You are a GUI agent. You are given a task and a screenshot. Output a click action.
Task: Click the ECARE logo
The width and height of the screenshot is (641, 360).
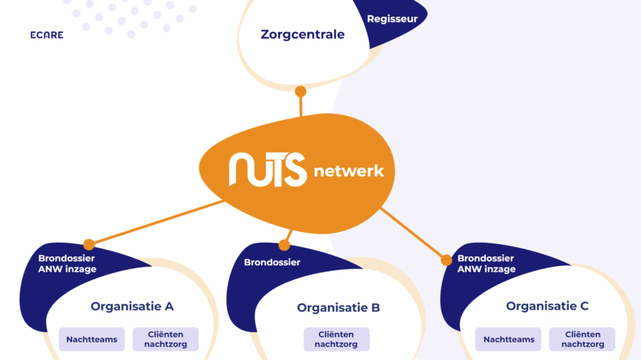tap(47, 35)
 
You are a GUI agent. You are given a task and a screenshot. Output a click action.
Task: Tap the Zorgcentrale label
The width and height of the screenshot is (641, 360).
tap(302, 34)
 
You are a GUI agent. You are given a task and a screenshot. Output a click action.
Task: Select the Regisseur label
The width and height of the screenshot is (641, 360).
tap(392, 19)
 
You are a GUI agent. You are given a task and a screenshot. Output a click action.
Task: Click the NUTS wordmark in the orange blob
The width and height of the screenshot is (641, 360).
tap(267, 170)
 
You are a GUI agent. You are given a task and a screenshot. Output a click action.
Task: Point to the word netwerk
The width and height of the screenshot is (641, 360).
tap(348, 172)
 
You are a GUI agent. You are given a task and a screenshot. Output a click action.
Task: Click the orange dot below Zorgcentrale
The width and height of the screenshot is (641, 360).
tap(300, 92)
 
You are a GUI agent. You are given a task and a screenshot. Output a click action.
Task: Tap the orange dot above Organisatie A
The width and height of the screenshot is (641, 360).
tap(89, 245)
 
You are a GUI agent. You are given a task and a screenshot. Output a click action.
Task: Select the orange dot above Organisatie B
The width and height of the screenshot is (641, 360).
tap(284, 246)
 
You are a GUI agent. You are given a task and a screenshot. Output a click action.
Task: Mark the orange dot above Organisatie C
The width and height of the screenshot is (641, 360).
tap(447, 259)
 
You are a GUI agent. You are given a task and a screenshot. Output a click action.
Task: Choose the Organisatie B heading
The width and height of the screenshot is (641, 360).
tap(338, 308)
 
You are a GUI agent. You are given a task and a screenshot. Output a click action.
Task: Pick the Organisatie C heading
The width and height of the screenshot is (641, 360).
tap(547, 306)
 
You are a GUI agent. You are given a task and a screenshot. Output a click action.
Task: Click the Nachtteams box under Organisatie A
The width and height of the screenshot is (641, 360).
tap(92, 339)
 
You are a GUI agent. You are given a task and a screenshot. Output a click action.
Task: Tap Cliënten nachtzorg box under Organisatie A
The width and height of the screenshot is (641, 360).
tap(165, 339)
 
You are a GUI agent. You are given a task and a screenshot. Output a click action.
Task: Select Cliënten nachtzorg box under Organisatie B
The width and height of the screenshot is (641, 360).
tap(336, 339)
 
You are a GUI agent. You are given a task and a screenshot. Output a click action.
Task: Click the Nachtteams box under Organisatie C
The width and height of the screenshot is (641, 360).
tap(508, 339)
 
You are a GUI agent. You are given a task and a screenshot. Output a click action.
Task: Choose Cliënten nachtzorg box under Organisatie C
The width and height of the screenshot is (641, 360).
tap(582, 339)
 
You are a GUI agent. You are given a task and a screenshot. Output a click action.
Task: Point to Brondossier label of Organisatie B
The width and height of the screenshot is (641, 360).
tap(272, 262)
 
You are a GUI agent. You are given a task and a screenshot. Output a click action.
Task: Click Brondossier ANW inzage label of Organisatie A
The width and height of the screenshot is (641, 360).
tap(67, 264)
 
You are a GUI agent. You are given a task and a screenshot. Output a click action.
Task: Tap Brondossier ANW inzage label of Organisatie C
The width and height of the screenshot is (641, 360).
tap(486, 264)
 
